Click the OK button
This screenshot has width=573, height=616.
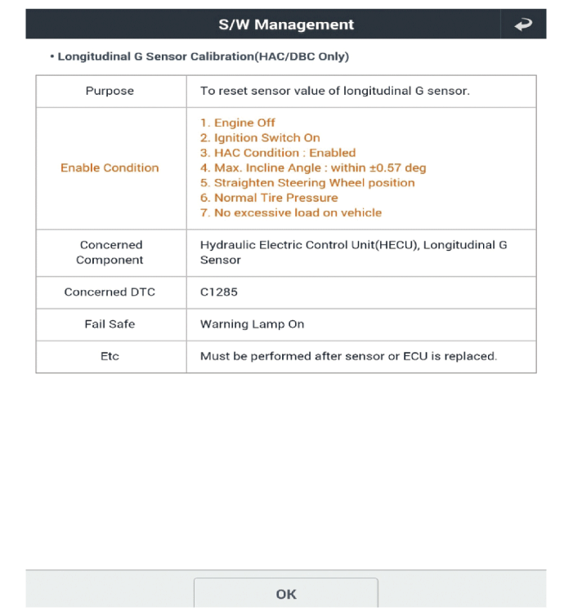(285, 594)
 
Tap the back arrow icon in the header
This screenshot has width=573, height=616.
(522, 25)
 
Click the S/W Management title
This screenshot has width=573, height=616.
(286, 25)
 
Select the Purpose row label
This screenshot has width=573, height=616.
(110, 91)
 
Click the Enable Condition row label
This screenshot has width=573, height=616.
(110, 167)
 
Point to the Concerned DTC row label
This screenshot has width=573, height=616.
(110, 292)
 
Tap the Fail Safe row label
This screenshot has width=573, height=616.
(110, 324)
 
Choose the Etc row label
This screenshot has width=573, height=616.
(110, 356)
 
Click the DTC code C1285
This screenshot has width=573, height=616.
(219, 292)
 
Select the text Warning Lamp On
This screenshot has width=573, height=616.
(252, 324)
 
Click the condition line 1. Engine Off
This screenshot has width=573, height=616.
(238, 123)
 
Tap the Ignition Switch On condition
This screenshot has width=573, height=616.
(260, 137)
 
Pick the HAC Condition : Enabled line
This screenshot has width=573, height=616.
(278, 153)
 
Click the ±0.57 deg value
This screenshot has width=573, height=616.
(397, 167)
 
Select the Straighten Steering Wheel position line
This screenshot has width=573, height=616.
(307, 182)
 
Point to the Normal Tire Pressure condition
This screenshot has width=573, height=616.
(269, 198)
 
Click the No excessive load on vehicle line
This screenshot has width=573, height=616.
(291, 212)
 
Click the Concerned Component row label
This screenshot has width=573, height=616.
(110, 252)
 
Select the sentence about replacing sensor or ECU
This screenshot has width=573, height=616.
(348, 356)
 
